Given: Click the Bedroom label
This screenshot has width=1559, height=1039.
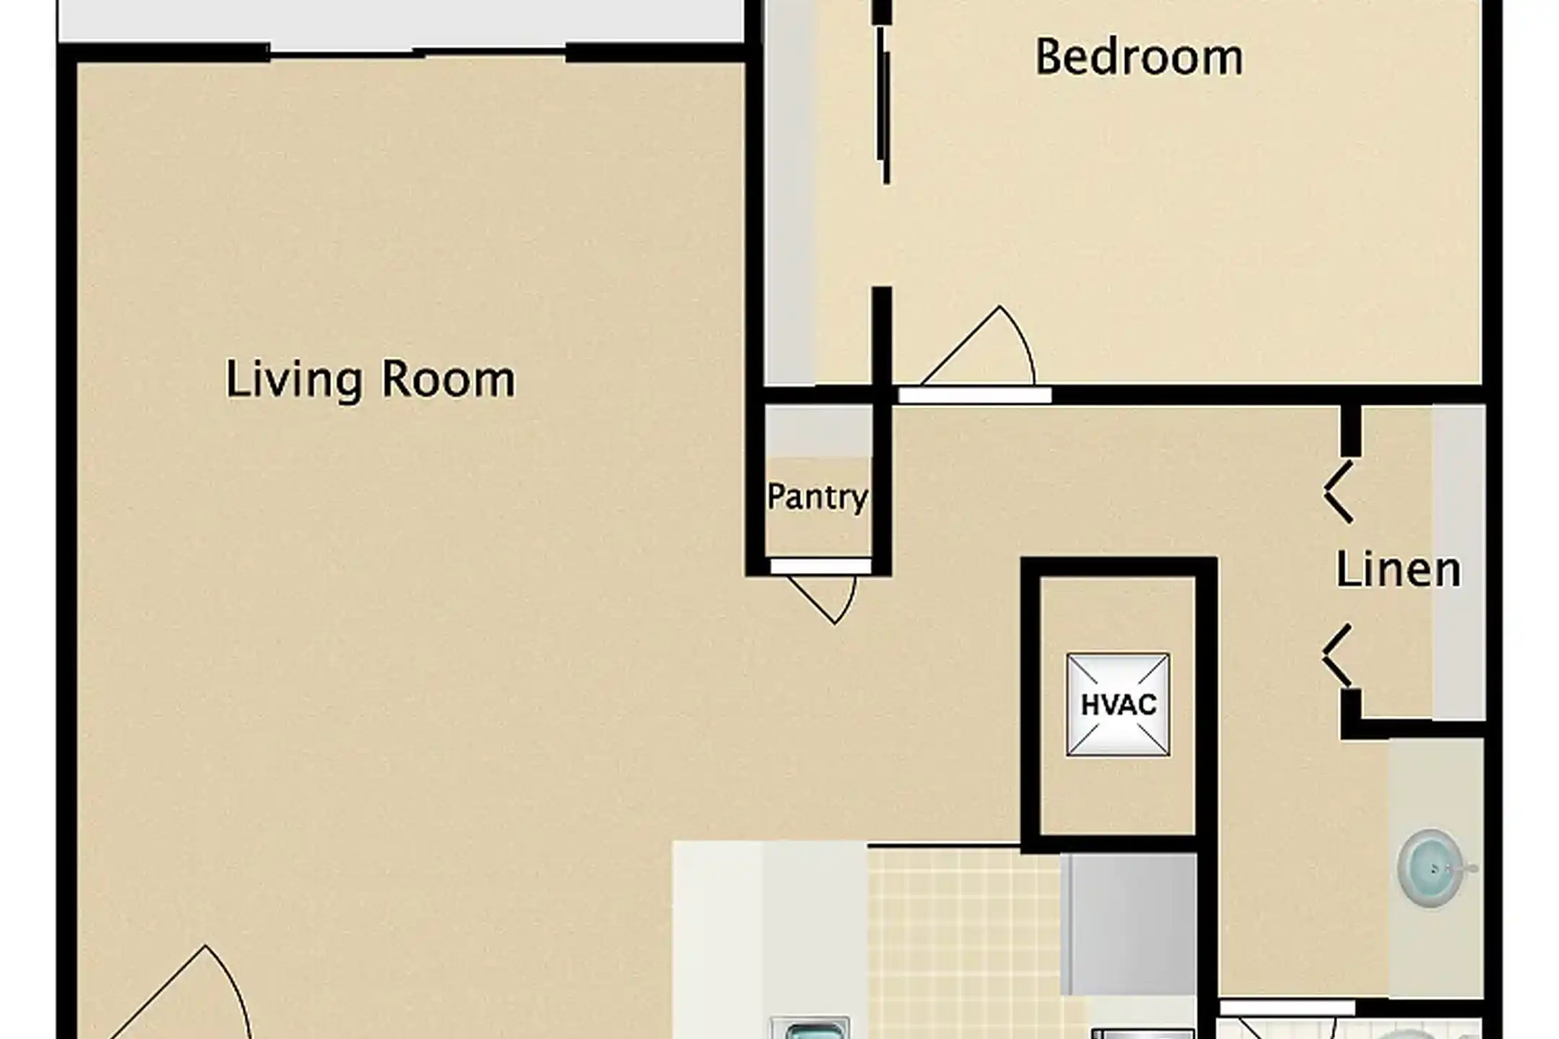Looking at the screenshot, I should (1139, 58).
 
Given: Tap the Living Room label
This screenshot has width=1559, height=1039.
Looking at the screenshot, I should (370, 379).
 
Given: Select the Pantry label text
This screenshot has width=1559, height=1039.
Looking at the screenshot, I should (817, 497).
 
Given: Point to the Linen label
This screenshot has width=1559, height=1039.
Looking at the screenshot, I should (1398, 570).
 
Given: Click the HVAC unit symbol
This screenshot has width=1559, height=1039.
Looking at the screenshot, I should (1118, 705).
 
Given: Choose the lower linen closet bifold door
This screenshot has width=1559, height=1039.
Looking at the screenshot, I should (1337, 656).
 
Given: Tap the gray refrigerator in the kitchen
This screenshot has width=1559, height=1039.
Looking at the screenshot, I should (1130, 924).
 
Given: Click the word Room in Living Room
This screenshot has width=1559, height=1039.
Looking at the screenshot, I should (447, 379).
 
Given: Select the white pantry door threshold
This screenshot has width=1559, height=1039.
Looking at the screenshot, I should (821, 566).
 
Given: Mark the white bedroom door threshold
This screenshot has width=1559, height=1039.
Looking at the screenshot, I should (974, 395).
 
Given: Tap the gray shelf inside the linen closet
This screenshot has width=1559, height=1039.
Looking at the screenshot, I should (1459, 563).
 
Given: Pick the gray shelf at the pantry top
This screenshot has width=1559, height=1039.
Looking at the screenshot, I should (818, 431).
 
